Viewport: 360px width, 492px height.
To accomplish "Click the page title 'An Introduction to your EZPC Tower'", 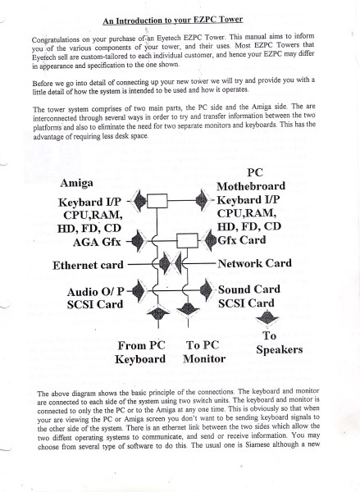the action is tap(173, 20).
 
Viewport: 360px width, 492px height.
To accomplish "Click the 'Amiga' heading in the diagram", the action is tap(76, 183).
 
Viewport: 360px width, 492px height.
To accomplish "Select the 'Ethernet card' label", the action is tap(88, 265).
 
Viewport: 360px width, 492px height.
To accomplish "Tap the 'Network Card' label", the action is tap(255, 263).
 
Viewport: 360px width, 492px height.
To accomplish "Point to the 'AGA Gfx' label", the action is tap(97, 242).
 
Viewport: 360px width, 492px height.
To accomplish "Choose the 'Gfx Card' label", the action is tap(242, 240).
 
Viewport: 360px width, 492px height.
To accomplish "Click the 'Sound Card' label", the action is tap(249, 289).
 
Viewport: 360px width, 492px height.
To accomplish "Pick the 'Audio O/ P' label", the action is tap(95, 292).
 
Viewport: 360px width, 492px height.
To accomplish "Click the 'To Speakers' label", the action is tap(279, 343).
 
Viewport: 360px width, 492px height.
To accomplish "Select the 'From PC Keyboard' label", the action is tap(140, 352).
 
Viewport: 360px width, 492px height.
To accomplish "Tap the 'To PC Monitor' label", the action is tap(204, 352).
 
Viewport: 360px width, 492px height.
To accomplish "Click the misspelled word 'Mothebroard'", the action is tap(251, 186).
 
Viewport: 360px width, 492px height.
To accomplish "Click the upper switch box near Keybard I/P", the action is tap(157, 201).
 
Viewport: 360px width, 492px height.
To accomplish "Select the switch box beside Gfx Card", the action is tap(187, 240).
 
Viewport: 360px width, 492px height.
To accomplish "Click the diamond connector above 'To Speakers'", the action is tap(267, 319).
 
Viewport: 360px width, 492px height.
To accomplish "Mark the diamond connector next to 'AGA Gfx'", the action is tap(138, 241).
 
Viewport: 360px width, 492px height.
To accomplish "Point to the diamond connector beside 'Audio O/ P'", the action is tap(138, 291).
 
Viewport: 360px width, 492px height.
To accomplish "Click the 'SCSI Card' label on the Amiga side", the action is tap(95, 304).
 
